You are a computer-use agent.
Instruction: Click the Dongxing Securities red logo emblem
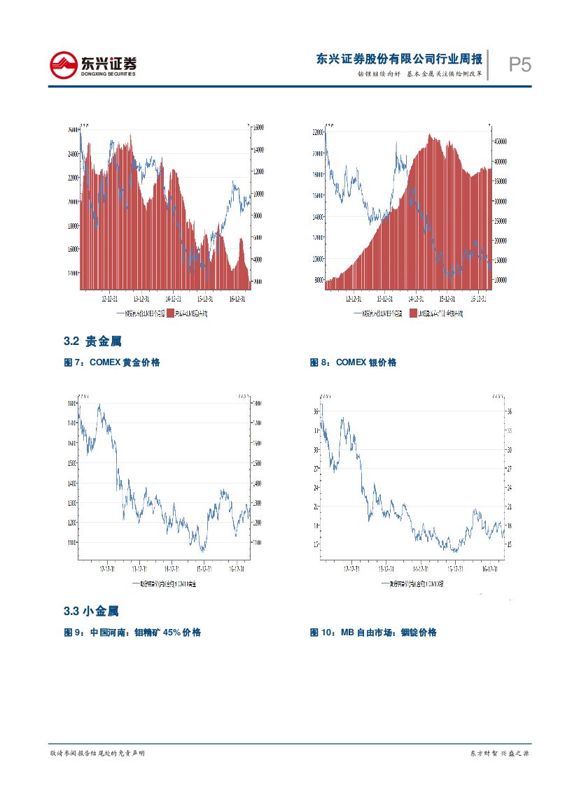pyautogui.click(x=64, y=66)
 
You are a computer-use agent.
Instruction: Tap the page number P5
pyautogui.click(x=519, y=65)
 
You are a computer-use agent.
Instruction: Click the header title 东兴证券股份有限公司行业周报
pyautogui.click(x=398, y=59)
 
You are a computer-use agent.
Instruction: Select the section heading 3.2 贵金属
pyautogui.click(x=92, y=341)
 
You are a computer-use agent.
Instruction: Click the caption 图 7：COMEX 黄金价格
pyautogui.click(x=112, y=362)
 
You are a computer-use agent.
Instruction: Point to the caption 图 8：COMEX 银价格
pyautogui.click(x=353, y=362)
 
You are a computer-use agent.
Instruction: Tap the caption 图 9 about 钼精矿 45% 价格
pyautogui.click(x=132, y=632)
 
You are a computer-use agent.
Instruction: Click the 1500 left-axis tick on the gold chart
pyautogui.click(x=71, y=463)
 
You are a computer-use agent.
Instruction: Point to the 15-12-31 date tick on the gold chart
pyautogui.click(x=204, y=567)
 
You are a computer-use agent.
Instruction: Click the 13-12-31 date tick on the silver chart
pyautogui.click(x=384, y=567)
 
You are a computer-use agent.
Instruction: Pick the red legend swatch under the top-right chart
pyautogui.click(x=413, y=313)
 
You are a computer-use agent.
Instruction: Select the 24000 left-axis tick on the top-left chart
pyautogui.click(x=73, y=154)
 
